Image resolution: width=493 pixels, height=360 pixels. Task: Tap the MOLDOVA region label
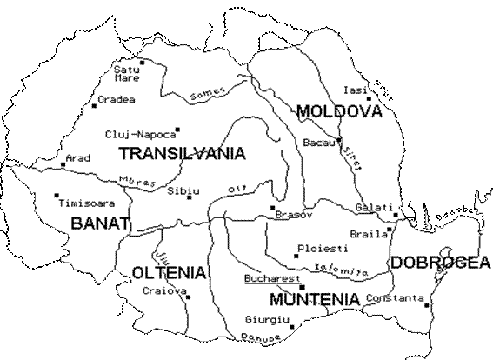pos(339,112)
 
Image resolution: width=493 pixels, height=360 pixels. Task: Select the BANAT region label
pos(99,223)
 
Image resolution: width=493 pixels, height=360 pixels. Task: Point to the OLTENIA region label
pos(170,273)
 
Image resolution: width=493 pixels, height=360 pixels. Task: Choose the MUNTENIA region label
pos(314,300)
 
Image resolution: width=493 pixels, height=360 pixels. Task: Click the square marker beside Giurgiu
pos(292,328)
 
